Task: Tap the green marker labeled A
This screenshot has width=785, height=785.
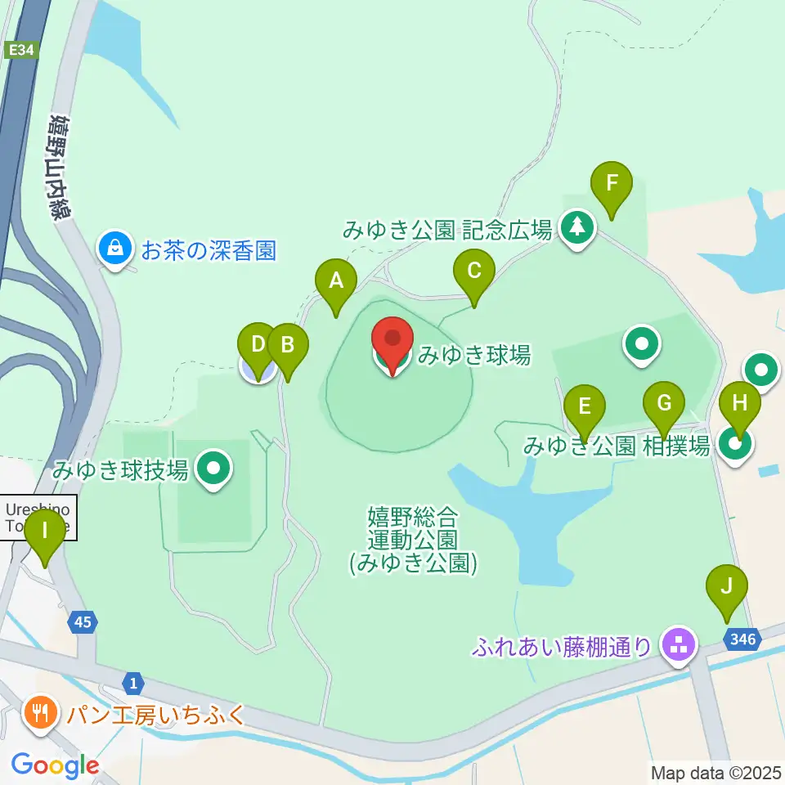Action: (x=336, y=282)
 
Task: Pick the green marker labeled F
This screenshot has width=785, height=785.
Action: (x=612, y=186)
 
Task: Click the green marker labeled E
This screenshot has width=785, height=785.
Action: (x=584, y=407)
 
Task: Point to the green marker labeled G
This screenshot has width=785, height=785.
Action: (x=663, y=405)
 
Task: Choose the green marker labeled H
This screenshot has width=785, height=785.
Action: (x=739, y=405)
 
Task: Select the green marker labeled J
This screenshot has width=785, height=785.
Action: (x=727, y=588)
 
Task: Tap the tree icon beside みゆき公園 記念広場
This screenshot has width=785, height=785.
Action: (x=578, y=227)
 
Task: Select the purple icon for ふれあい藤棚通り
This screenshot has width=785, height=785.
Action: (x=678, y=644)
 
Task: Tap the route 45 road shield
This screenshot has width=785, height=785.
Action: (x=82, y=623)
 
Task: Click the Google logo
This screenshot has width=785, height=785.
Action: (x=56, y=766)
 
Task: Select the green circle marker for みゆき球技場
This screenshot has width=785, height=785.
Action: (x=216, y=469)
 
